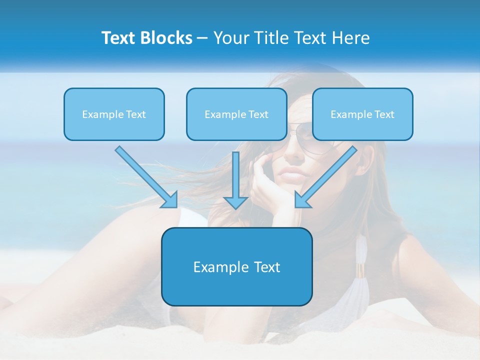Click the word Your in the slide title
(x=229, y=38)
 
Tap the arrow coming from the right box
(x=327, y=175)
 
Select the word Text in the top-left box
(x=135, y=114)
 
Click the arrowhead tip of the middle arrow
(x=235, y=207)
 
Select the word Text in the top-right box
(x=384, y=114)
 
